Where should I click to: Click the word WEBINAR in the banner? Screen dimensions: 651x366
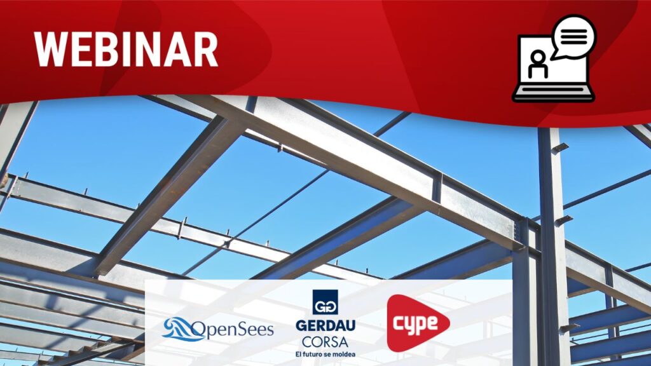click(x=126, y=50)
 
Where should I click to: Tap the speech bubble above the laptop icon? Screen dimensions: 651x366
click(x=574, y=36)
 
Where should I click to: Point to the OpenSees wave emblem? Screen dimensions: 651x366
click(x=179, y=329)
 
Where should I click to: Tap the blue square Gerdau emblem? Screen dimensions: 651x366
click(x=325, y=302)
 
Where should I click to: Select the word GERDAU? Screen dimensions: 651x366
click(x=325, y=326)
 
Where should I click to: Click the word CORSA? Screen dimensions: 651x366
click(x=325, y=342)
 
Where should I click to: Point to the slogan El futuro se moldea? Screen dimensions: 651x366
click(x=325, y=354)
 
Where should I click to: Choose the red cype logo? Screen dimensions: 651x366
click(x=418, y=323)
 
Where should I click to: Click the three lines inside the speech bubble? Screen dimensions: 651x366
click(x=574, y=36)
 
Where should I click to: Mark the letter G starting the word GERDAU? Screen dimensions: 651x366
click(x=301, y=326)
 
